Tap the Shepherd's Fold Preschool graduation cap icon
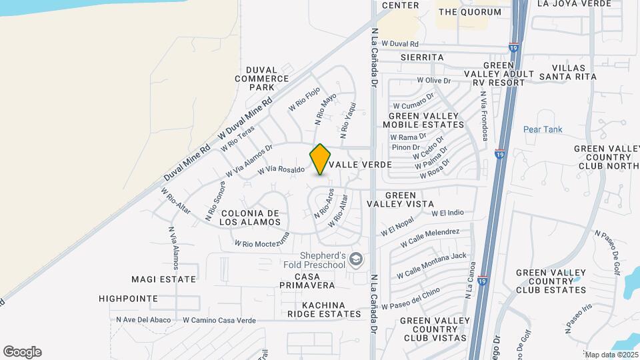(357, 259)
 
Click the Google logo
(22, 352)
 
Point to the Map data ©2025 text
(611, 355)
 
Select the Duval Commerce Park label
(254, 78)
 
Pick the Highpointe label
(128, 299)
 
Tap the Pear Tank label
(543, 129)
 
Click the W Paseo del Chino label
(411, 298)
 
